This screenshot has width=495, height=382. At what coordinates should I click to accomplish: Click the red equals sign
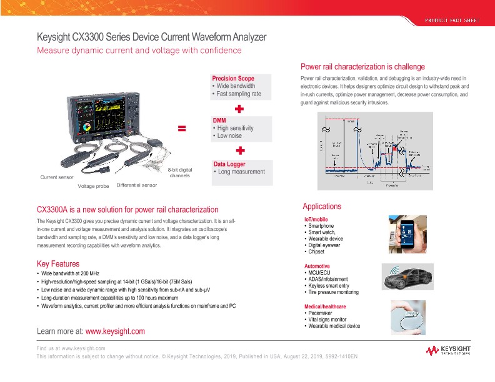coord(182,129)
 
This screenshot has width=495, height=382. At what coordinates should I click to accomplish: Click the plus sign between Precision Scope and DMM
coord(239,109)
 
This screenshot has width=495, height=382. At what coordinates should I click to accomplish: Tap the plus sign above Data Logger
coord(239,151)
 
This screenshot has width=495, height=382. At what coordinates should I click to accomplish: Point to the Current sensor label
coord(56,178)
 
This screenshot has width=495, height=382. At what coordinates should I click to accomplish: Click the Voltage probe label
coord(93,186)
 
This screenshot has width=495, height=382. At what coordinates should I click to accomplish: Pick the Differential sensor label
coord(137,185)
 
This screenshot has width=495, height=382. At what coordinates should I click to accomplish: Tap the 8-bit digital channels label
coord(180,173)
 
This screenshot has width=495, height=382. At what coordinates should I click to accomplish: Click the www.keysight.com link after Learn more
coord(114,331)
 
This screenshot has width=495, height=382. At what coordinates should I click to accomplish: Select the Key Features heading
coord(58,263)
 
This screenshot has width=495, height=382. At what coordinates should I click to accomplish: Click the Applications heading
coord(322,207)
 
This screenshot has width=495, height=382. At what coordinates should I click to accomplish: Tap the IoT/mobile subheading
coord(316,220)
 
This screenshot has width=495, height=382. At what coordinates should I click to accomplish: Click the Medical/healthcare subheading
coord(324,307)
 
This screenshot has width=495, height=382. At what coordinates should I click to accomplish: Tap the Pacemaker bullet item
coord(321,313)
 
